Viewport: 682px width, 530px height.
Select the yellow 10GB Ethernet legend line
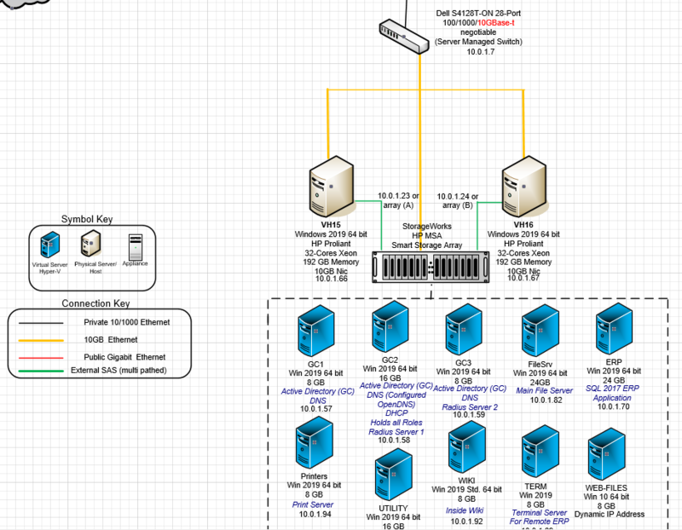[42, 339]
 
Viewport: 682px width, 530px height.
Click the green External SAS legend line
[42, 370]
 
